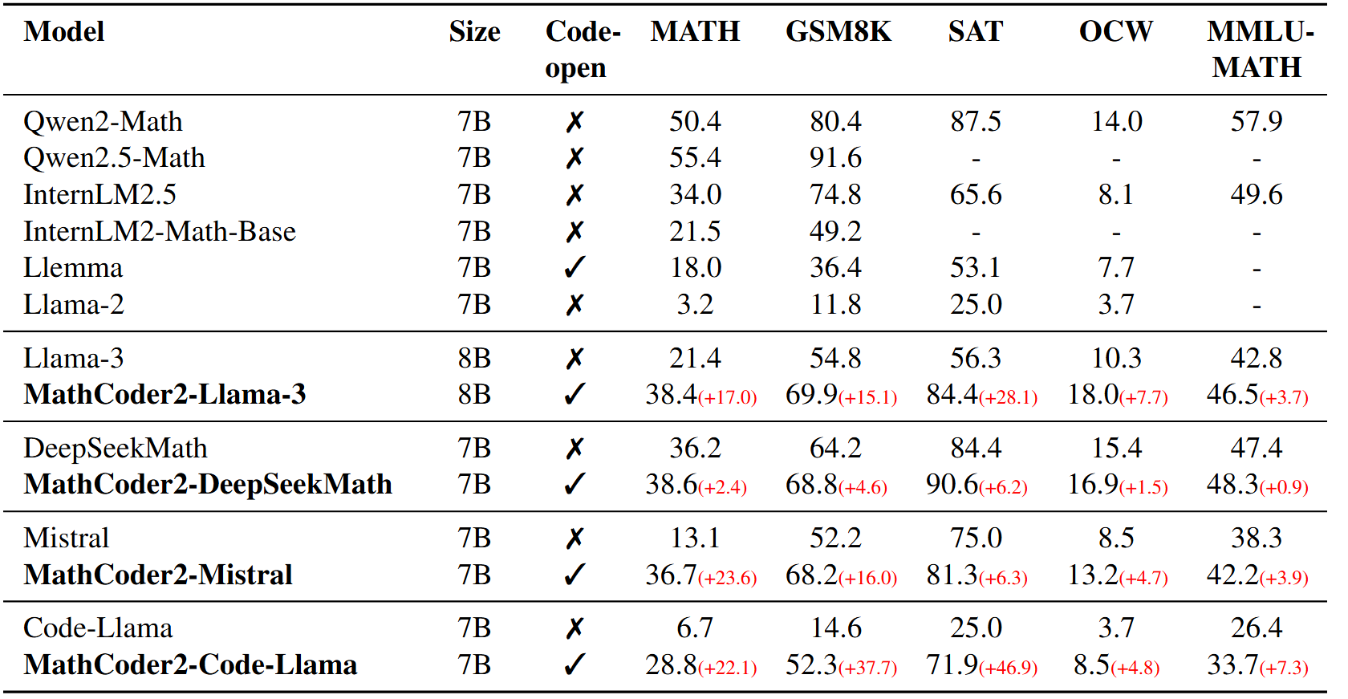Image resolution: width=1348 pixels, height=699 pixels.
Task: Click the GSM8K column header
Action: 838,32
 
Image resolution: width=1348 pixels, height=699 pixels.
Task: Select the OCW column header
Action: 1115,32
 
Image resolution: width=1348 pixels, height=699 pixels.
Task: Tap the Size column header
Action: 474,32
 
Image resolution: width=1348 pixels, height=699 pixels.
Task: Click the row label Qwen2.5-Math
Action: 114,158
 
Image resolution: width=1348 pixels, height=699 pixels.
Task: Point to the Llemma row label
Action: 73,268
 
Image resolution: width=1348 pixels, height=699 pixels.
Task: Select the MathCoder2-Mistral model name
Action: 158,575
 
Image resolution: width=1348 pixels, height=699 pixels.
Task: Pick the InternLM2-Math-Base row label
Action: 160,232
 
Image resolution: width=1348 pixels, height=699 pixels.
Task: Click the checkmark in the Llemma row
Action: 575,268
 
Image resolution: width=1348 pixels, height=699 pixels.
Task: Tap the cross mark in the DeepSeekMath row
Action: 575,449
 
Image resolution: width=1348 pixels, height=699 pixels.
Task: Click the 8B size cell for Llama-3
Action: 474,359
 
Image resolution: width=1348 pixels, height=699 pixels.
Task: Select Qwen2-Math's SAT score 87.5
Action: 976,122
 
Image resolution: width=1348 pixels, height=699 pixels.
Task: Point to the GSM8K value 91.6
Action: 835,158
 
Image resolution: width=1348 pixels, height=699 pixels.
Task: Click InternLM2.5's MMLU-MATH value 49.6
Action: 1257,195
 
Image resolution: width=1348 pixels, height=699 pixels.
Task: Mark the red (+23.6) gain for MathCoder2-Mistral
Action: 728,579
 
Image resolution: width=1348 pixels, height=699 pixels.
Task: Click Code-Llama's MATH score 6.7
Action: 695,628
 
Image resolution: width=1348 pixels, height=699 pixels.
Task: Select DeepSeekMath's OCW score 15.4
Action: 1116,449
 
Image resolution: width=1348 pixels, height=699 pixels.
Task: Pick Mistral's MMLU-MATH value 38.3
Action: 1257,538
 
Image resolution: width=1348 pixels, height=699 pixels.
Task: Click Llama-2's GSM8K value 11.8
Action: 835,305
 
